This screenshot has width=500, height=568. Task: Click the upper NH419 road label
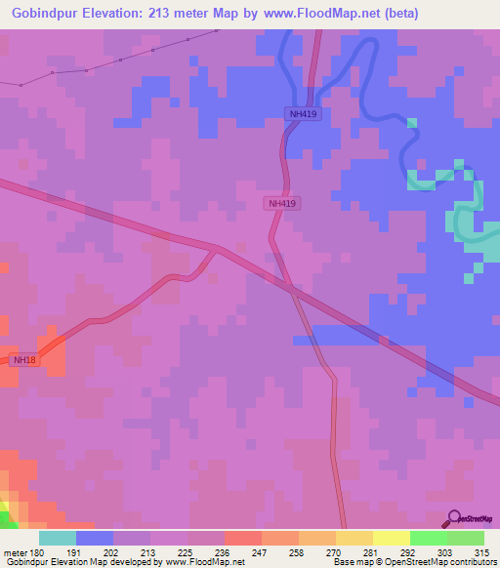[304, 114]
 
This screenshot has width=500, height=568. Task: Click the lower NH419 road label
[282, 203]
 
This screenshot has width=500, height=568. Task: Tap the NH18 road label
[24, 360]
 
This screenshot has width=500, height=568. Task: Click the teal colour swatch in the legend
[58, 538]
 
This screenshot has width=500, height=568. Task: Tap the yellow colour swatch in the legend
[392, 538]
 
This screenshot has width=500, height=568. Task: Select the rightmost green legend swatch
[466, 538]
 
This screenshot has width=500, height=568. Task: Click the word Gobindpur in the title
[41, 14]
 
